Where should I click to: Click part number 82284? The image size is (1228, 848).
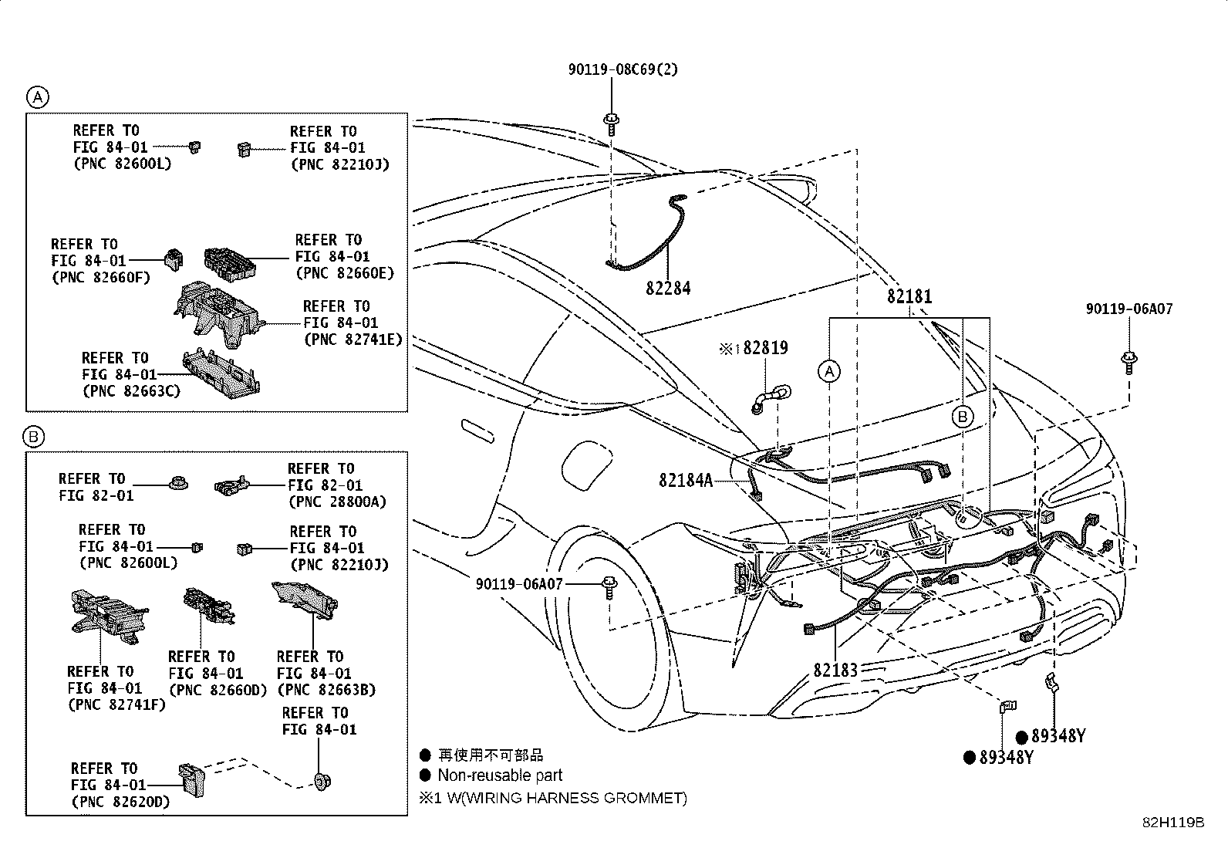click(668, 288)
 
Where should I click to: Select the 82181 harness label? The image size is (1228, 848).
click(909, 296)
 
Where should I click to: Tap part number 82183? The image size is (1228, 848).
click(835, 671)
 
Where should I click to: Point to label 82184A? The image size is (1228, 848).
click(686, 481)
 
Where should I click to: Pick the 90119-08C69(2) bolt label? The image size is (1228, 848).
click(622, 69)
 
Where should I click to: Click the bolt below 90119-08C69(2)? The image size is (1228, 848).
click(611, 124)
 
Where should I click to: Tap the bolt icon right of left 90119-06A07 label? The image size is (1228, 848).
click(609, 587)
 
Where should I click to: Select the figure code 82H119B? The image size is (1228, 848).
click(1173, 823)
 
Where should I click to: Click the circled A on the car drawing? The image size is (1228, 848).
click(829, 372)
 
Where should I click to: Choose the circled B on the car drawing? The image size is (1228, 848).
click(963, 417)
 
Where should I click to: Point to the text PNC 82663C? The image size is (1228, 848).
click(132, 391)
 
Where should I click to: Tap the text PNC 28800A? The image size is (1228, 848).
click(338, 502)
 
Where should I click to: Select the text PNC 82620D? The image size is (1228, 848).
click(121, 802)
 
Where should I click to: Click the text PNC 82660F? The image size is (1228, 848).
click(101, 278)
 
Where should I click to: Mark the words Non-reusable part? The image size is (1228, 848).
click(500, 775)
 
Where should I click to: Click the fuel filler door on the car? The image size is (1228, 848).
click(586, 466)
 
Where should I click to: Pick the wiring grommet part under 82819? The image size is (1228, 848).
click(771, 400)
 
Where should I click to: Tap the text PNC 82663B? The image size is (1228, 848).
click(327, 690)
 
